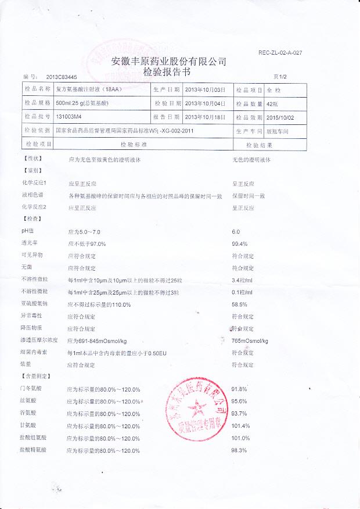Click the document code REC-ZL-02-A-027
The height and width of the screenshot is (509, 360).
(x=280, y=53)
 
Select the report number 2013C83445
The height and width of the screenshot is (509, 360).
(x=62, y=77)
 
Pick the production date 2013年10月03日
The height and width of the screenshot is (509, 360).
(x=204, y=90)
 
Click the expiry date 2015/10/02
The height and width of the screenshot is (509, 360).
(x=281, y=117)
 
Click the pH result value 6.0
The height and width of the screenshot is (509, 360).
(x=236, y=232)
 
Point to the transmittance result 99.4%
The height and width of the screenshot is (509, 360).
(x=240, y=244)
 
